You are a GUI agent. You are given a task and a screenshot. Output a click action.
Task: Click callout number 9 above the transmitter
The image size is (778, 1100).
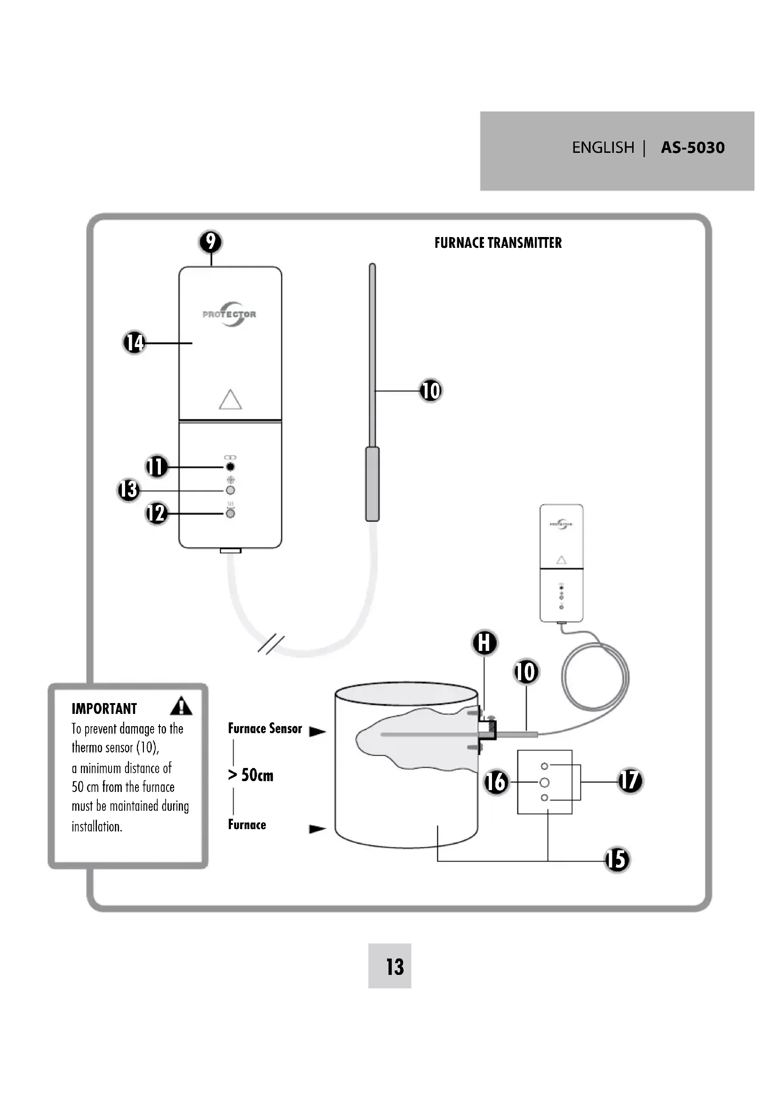tap(210, 242)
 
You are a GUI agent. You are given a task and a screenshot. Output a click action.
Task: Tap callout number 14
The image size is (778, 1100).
tap(134, 342)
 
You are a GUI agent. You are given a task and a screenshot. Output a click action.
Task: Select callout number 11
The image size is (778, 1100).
tap(156, 467)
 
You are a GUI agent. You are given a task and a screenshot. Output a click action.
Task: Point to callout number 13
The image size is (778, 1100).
tap(128, 490)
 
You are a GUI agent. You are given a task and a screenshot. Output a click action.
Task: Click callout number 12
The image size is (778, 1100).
tap(156, 514)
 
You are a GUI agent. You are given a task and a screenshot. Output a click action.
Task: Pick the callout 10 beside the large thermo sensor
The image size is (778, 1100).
tap(430, 390)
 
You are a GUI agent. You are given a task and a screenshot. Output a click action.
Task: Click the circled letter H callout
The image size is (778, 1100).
tap(484, 643)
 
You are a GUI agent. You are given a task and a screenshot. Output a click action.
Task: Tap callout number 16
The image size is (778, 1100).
tap(496, 782)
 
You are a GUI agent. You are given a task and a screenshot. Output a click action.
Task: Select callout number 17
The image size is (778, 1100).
tap(629, 781)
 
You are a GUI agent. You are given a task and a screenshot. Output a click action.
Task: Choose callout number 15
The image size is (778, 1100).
tap(617, 860)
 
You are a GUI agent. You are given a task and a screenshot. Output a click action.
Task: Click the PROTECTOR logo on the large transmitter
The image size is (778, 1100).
tap(230, 314)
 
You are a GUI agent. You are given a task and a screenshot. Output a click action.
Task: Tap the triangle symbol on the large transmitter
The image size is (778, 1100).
tap(230, 400)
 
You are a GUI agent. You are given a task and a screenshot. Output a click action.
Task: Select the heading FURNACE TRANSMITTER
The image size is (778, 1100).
tap(498, 243)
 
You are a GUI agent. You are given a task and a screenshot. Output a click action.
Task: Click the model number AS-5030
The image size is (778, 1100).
tap(692, 148)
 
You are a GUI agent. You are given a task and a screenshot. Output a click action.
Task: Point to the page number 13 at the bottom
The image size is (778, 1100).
tap(395, 967)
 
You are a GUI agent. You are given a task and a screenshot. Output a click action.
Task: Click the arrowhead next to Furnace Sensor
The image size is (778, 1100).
tap(317, 732)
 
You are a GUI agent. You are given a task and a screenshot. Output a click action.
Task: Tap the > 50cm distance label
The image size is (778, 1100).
tap(251, 775)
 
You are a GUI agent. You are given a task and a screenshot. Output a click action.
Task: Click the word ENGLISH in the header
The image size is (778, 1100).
tap(603, 148)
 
